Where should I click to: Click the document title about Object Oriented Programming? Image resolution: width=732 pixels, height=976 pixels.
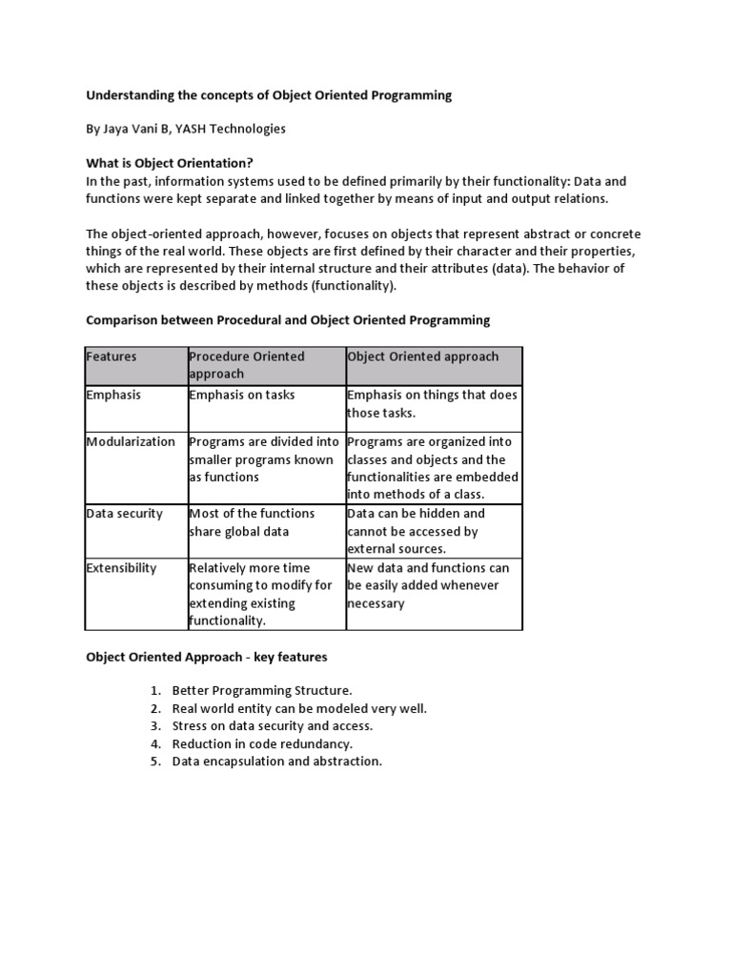coord(269,95)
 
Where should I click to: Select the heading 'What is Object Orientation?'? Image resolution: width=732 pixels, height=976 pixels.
coord(170,163)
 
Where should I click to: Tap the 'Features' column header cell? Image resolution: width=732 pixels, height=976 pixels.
coord(112,356)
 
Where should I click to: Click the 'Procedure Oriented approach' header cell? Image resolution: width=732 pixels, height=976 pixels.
coord(247,365)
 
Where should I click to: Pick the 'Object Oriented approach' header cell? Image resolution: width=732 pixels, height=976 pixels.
coord(423,356)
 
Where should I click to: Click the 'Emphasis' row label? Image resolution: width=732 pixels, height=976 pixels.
coord(113,395)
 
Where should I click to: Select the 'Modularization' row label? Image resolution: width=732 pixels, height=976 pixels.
coord(131,441)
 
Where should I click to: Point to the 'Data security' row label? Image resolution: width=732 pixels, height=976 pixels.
coord(125,513)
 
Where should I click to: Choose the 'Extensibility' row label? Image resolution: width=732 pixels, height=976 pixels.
coord(121,567)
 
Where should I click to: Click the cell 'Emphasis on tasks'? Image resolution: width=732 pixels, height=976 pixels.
coord(242,395)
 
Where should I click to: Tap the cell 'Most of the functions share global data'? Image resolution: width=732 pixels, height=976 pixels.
coord(253,522)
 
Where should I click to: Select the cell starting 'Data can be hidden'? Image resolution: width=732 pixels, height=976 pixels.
coord(417,531)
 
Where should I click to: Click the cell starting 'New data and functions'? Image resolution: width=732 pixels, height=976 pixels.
coord(428,585)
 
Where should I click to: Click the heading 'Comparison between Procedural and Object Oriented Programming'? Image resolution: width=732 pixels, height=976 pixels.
coord(288,319)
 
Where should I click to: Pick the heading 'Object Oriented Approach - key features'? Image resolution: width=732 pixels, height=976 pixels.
coord(208,657)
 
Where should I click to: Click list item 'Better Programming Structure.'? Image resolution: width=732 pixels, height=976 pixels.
coord(262,689)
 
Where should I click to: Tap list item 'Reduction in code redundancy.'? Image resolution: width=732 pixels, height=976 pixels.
coord(262,743)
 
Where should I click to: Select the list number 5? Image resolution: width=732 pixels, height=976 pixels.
coord(155,762)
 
